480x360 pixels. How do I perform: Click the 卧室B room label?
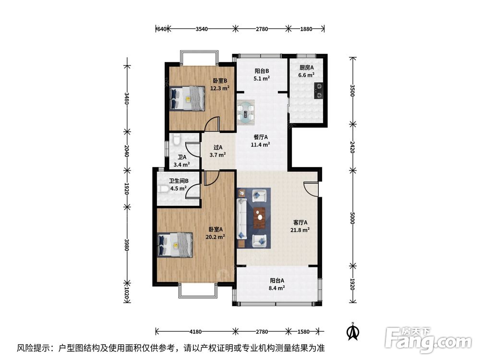[x=220, y=81]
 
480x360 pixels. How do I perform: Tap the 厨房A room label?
[x=306, y=68]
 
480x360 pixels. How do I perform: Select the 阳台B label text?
[x=262, y=71]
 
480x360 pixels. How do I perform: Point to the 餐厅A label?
[x=261, y=137]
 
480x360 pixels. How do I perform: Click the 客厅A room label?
[x=300, y=223]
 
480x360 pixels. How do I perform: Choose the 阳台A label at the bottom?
[x=277, y=281]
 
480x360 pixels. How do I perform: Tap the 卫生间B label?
[x=179, y=181]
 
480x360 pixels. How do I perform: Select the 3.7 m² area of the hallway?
[x=218, y=155]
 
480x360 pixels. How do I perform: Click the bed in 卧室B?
[x=187, y=98]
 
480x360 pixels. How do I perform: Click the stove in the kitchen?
[x=318, y=90]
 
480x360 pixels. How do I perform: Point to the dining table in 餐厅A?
[x=248, y=111]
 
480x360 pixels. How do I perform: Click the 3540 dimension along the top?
[x=202, y=29]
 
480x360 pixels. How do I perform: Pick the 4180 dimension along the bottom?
[x=194, y=331]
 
